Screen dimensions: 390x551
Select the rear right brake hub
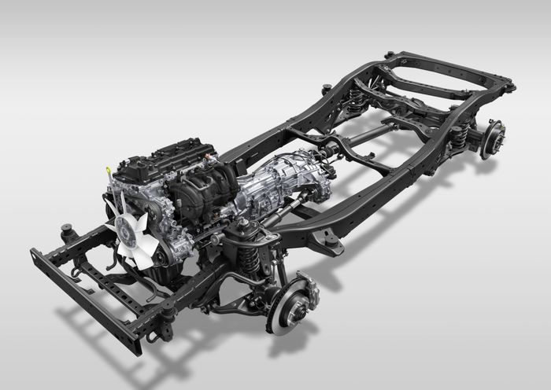tap(491, 137)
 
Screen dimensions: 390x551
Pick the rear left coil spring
tap(358, 97)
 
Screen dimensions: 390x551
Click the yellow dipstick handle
tap(106, 169)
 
